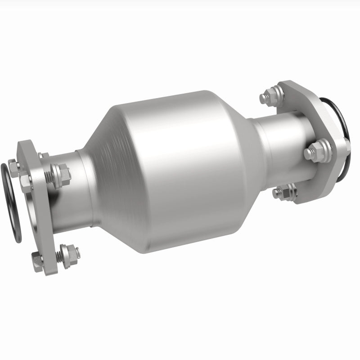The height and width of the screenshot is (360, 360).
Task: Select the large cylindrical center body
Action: pyautogui.click(x=180, y=171)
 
